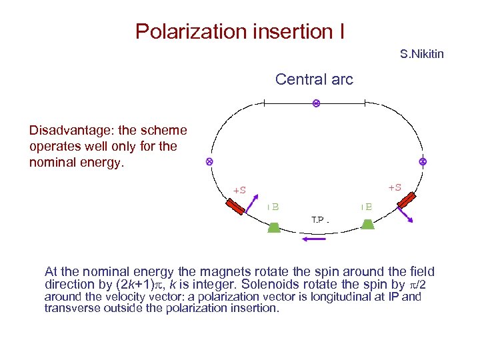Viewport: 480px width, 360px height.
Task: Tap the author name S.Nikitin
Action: [421, 53]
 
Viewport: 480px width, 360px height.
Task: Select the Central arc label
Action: [314, 79]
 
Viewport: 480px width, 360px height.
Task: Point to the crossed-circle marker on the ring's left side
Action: [209, 162]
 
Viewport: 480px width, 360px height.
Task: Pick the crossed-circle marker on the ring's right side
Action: [423, 162]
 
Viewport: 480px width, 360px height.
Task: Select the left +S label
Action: [239, 190]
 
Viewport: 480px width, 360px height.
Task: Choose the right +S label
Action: [395, 187]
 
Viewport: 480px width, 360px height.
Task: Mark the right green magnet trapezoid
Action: [367, 224]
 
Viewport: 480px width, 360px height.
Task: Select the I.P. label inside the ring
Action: [321, 219]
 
